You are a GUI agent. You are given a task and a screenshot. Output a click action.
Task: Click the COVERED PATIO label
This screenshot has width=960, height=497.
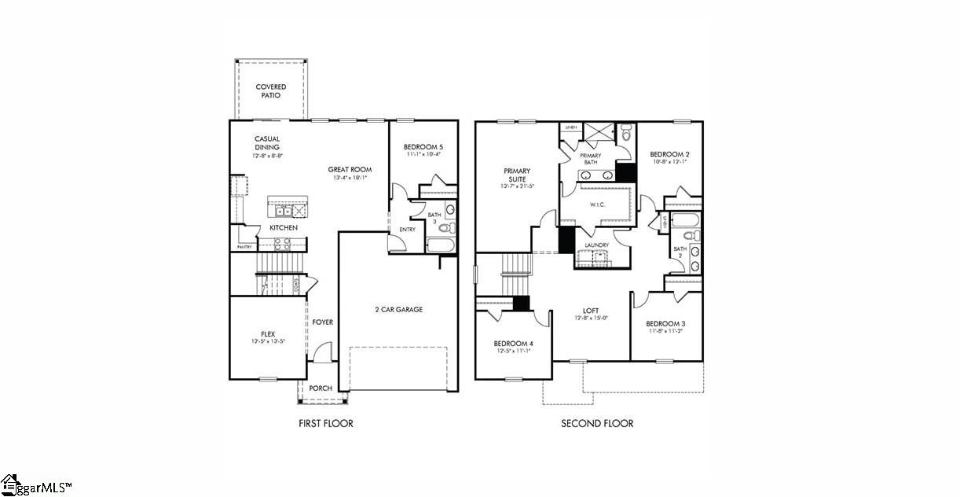[270, 91]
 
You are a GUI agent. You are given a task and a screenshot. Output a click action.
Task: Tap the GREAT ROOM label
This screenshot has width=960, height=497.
[350, 169]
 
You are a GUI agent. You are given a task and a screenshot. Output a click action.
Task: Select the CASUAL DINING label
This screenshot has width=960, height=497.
[267, 143]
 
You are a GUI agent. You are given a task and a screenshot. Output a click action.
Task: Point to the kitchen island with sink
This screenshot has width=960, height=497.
[287, 208]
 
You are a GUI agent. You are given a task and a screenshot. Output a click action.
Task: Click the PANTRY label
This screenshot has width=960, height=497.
[244, 248]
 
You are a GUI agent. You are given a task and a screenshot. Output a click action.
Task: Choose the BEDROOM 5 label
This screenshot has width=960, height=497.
[423, 147]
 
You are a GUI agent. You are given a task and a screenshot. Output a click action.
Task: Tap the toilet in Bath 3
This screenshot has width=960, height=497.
[445, 228]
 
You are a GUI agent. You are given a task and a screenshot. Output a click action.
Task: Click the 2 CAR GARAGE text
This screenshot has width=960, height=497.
[398, 310]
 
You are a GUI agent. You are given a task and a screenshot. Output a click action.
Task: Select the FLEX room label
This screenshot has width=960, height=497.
[268, 333]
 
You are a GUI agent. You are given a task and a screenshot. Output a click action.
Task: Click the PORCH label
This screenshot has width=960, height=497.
[321, 388]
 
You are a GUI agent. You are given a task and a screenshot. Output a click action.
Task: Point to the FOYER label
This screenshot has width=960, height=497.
[322, 322]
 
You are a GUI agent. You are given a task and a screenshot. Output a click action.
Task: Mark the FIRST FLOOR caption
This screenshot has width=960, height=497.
[326, 424]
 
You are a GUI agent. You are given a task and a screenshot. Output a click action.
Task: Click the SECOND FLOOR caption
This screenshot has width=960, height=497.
[597, 424]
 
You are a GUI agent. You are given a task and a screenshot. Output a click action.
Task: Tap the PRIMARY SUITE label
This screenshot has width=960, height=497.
[517, 175]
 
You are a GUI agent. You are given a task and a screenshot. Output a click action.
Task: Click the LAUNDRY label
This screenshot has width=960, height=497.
[597, 245]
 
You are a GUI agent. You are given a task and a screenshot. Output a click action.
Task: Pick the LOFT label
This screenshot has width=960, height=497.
[591, 311]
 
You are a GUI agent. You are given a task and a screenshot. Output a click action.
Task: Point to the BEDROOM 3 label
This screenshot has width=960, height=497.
[665, 324]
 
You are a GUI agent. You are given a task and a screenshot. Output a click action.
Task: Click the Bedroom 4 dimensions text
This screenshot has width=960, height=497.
[512, 351]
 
